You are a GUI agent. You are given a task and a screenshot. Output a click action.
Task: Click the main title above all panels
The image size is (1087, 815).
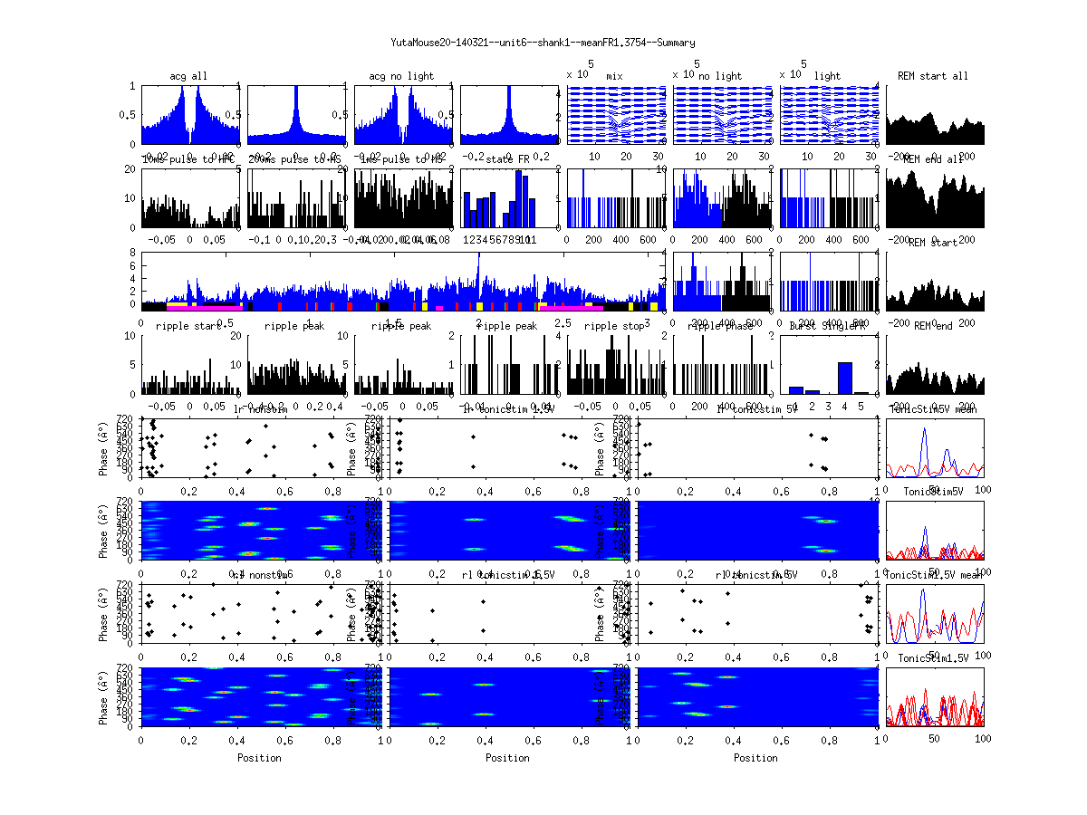pos(543,43)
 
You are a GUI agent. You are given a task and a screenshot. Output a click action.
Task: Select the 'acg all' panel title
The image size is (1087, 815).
pos(188,76)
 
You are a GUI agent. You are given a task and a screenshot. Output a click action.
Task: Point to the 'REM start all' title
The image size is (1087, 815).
pos(933,76)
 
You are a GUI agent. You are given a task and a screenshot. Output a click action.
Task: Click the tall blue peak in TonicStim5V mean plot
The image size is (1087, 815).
pos(924,431)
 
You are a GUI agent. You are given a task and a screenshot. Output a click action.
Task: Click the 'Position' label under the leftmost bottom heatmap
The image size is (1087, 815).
pos(259,758)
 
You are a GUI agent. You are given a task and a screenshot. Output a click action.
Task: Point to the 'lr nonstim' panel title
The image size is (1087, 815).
pos(262,409)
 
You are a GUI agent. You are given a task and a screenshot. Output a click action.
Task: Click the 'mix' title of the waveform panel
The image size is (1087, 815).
pos(616,76)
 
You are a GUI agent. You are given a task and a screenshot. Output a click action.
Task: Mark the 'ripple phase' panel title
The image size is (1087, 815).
pos(720,326)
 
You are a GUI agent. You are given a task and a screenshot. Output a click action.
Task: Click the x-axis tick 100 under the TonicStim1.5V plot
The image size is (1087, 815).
pos(982,738)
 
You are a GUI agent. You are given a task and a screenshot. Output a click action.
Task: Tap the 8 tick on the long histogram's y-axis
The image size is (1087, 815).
pos(132,253)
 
